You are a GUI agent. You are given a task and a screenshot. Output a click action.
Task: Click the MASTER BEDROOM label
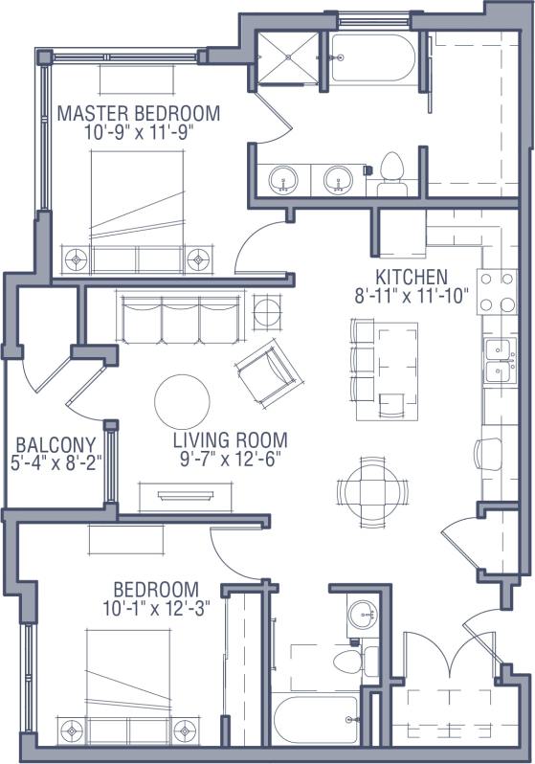(139, 114)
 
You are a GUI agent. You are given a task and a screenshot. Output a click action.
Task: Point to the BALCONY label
(56, 444)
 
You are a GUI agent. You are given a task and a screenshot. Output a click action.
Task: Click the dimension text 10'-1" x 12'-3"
(156, 607)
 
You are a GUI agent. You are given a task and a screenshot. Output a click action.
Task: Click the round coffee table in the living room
(182, 400)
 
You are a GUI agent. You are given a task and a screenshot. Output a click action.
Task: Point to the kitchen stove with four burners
(498, 292)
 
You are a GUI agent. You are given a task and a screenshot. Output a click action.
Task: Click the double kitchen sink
(497, 359)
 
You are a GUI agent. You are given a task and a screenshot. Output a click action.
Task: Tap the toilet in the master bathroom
(390, 169)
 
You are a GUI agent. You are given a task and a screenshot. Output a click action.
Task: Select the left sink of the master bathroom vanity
(282, 178)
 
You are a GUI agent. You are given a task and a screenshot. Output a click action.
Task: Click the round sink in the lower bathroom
(362, 615)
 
